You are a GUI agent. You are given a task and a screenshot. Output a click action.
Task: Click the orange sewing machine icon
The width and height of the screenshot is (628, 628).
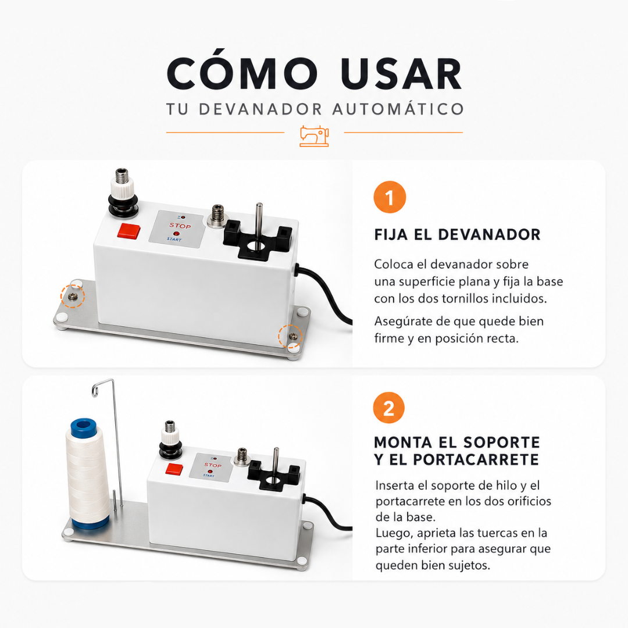pyautogui.click(x=315, y=135)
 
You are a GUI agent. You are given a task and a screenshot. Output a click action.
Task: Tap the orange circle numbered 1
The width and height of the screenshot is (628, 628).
pyautogui.click(x=390, y=197)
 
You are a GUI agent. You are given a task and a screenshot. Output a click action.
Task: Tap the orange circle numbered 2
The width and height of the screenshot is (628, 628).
pyautogui.click(x=389, y=408)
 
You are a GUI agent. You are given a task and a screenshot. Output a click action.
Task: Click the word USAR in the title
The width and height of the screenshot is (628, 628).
pyautogui.click(x=402, y=74)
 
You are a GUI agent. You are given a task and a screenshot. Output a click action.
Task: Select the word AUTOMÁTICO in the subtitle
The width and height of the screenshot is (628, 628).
pyautogui.click(x=398, y=109)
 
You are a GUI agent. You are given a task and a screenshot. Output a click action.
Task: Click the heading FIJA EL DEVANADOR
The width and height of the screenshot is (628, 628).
pyautogui.click(x=458, y=235)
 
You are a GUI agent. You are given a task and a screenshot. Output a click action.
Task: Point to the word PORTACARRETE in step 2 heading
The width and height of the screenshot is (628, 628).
pyautogui.click(x=476, y=459)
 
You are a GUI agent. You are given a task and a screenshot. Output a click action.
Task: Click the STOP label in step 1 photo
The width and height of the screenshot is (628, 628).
pyautogui.click(x=180, y=226)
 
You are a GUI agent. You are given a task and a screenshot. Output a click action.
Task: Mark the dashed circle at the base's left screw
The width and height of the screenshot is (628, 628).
pyautogui.click(x=73, y=296)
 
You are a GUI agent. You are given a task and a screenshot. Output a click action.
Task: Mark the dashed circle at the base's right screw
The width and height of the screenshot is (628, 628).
pyautogui.click(x=290, y=337)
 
